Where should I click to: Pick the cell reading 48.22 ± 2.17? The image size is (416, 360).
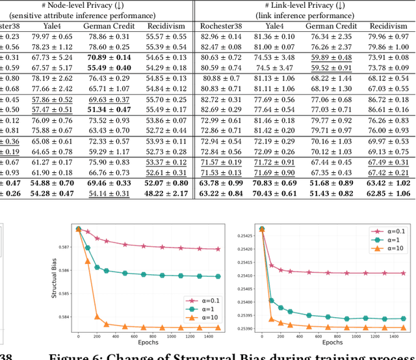click(164, 193)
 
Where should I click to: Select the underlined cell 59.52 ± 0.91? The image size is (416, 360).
click(331, 68)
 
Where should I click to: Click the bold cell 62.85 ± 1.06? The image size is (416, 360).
click(389, 193)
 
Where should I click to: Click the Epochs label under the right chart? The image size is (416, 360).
click(332, 342)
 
